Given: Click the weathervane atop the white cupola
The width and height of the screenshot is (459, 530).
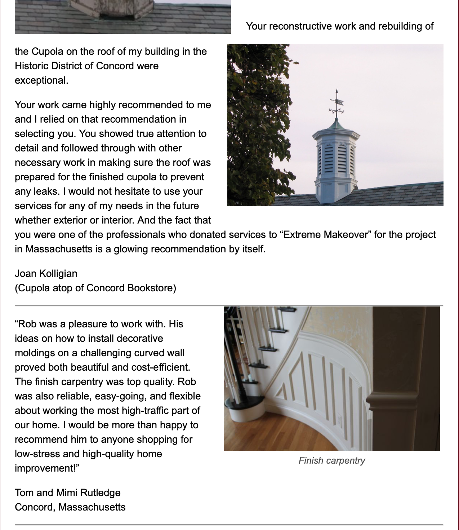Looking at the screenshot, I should click(x=337, y=105).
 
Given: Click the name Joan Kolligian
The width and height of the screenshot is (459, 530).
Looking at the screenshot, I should click(x=46, y=274).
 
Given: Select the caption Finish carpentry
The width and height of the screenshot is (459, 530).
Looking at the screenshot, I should click(x=331, y=461).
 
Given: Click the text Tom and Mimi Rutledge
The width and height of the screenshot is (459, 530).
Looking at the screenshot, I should click(x=68, y=493).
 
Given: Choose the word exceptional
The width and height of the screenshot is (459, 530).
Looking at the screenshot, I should click(x=41, y=80).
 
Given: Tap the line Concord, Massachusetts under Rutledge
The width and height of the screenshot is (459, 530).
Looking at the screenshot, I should click(x=70, y=507).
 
